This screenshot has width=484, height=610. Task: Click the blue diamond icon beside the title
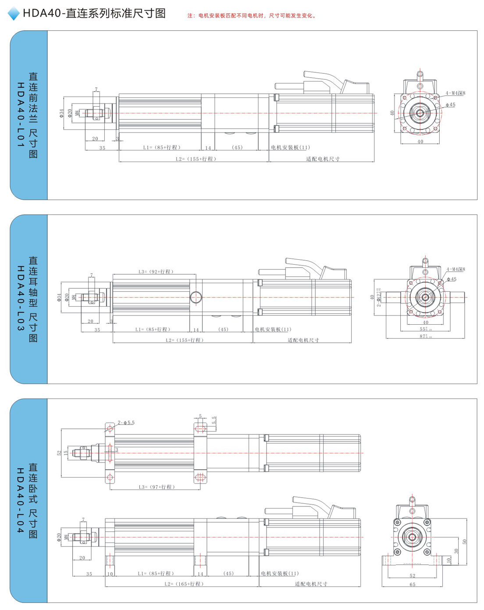pyautogui.click(x=14, y=14)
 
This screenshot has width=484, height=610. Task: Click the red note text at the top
pyautogui.click(x=252, y=16)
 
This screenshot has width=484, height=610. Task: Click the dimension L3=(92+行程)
pyautogui.click(x=156, y=272)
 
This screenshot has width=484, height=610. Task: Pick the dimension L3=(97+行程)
pyautogui.click(x=157, y=487)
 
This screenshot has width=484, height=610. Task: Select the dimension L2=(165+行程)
pyautogui.click(x=184, y=584)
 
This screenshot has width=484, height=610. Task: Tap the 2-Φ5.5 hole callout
pyautogui.click(x=126, y=423)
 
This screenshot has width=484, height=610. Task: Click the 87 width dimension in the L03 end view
pyautogui.click(x=425, y=337)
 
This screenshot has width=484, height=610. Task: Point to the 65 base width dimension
pyautogui.click(x=412, y=585)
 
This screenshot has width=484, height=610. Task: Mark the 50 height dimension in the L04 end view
pyautogui.click(x=465, y=542)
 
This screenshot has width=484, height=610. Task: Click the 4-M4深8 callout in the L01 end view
pyautogui.click(x=456, y=93)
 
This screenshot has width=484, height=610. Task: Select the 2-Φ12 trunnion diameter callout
pyautogui.click(x=379, y=297)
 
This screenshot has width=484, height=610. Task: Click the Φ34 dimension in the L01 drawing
pyautogui.click(x=62, y=113)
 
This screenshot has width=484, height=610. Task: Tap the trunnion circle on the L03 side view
pyautogui.click(x=196, y=297)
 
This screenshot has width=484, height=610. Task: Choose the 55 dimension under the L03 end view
pyautogui.click(x=425, y=329)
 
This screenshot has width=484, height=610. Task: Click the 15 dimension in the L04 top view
pyautogui.click(x=66, y=453)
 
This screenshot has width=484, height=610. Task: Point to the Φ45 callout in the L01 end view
pyautogui.click(x=451, y=105)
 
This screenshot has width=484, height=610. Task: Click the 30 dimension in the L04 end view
pyautogui.click(x=456, y=551)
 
